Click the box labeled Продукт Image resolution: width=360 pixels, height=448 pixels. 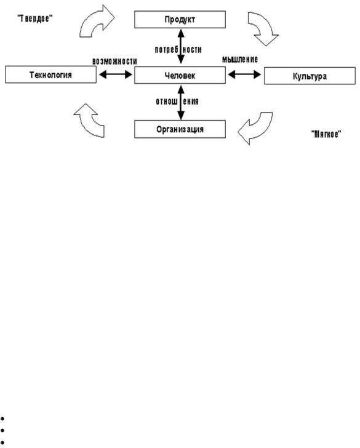(180, 20)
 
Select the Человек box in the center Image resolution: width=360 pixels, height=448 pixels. (180, 75)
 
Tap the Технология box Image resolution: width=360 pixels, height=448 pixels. (51, 74)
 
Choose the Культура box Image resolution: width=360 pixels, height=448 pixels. (310, 76)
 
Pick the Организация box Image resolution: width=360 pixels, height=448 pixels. (180, 129)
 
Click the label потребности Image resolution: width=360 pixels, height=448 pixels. (178, 50)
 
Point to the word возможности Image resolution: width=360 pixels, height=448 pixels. (114, 61)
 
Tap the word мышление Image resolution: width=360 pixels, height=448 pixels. (240, 59)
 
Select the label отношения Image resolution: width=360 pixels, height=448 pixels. (177, 102)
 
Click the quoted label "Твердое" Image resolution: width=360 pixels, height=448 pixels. (35, 18)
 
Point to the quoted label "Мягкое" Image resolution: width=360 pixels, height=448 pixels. (326, 134)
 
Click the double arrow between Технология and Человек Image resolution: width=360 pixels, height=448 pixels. (116, 74)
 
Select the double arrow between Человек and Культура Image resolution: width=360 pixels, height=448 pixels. (244, 74)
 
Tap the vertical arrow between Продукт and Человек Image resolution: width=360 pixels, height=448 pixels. (181, 46)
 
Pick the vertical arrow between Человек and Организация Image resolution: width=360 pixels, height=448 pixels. (181, 103)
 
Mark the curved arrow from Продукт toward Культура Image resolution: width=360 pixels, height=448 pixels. (262, 28)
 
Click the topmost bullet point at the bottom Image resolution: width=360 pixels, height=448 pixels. (2, 419)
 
